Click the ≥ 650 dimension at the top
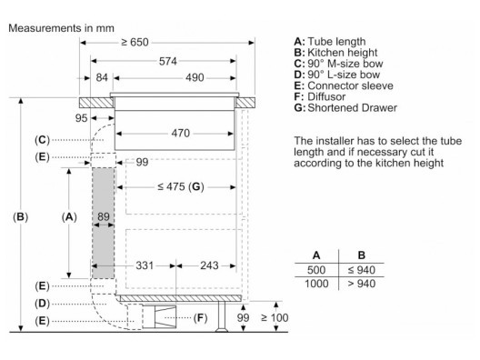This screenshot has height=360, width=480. coord(135,42)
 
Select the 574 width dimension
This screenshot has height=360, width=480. coord(168,61)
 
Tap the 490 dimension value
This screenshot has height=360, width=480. coord(195,78)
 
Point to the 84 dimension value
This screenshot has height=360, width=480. coord(102,78)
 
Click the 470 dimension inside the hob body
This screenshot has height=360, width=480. coord(181,134)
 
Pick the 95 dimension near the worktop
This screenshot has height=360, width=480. coord(81,118)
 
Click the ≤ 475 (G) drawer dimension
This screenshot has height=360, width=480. coord(181,186)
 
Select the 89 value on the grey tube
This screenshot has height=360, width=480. coord(104,216)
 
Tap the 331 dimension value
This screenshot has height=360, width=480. coord(145,265)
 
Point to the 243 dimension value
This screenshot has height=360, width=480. coord(209,265)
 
